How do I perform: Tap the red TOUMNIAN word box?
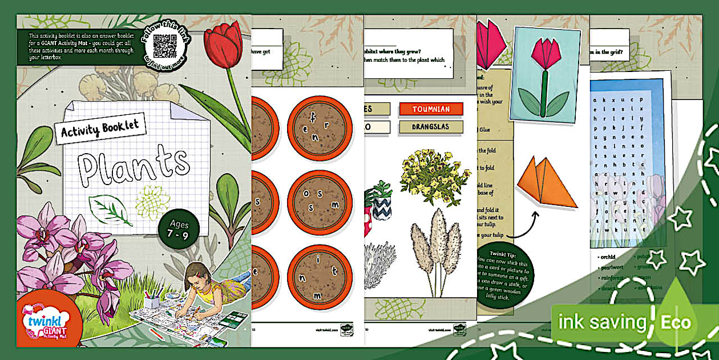tap(431, 109)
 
